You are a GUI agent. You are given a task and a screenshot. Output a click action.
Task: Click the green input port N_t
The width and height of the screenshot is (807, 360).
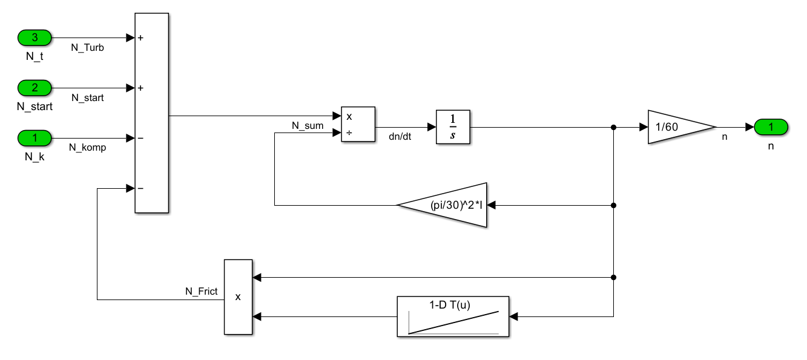(x=35, y=38)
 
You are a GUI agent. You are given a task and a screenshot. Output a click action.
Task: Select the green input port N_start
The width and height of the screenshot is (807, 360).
(x=35, y=88)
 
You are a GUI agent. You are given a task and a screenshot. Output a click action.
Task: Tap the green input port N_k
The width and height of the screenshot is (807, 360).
(x=35, y=138)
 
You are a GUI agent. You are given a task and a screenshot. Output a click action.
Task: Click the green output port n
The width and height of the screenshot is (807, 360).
(x=771, y=127)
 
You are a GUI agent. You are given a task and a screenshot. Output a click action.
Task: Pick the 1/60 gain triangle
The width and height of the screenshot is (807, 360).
(x=677, y=127)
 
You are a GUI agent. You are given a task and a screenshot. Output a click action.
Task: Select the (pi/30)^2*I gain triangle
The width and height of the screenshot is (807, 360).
(x=448, y=205)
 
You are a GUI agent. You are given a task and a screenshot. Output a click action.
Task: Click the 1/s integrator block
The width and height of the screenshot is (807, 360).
(x=453, y=127)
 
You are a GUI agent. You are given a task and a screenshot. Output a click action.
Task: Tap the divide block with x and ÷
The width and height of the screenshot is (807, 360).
(x=358, y=124)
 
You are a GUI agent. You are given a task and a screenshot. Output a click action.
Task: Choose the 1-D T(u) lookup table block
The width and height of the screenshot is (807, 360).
(x=453, y=316)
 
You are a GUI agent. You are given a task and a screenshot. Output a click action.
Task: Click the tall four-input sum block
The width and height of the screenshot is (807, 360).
(x=151, y=113)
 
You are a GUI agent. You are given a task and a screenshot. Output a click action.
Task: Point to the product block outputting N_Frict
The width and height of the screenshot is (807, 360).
(x=238, y=296)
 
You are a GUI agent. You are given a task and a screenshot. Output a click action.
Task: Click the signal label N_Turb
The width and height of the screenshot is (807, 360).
(x=88, y=48)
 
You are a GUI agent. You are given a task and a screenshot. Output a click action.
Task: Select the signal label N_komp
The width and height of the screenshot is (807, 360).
(x=88, y=147)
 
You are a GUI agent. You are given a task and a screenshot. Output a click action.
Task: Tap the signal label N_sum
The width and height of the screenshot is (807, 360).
(x=308, y=126)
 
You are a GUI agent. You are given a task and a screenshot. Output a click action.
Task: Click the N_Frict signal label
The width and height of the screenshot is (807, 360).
(x=201, y=291)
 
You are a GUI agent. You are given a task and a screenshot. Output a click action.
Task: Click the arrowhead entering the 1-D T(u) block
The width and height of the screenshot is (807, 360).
(x=514, y=316)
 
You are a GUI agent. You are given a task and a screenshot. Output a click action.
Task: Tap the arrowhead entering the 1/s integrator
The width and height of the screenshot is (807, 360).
(x=432, y=127)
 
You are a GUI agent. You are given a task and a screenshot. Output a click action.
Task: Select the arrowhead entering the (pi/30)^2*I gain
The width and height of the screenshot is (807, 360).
(x=491, y=205)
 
